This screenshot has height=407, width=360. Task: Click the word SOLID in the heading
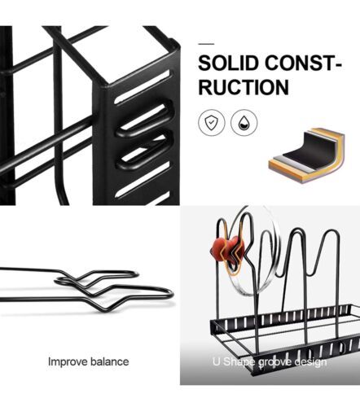coord(227,63)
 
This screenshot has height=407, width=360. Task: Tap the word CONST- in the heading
coord(303,63)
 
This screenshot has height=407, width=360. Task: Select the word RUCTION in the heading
coord(244,87)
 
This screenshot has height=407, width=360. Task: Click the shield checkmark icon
coord(212,123)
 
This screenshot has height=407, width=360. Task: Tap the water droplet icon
coord(244,123)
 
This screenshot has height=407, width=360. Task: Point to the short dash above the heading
coord(206,44)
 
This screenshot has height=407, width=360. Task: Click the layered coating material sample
coord(307,155)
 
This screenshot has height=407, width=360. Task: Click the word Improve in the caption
coord(65,362)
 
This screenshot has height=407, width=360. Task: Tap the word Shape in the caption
coord(239,362)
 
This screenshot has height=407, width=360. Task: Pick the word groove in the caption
coord(274,362)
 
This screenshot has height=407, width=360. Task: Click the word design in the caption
coord(310,362)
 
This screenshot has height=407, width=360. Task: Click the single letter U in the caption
coord(217,361)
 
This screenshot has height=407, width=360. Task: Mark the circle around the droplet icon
coord(244,110)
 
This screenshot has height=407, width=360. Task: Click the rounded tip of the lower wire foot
coord(171,295)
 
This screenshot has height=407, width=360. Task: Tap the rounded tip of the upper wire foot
coord(137,274)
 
